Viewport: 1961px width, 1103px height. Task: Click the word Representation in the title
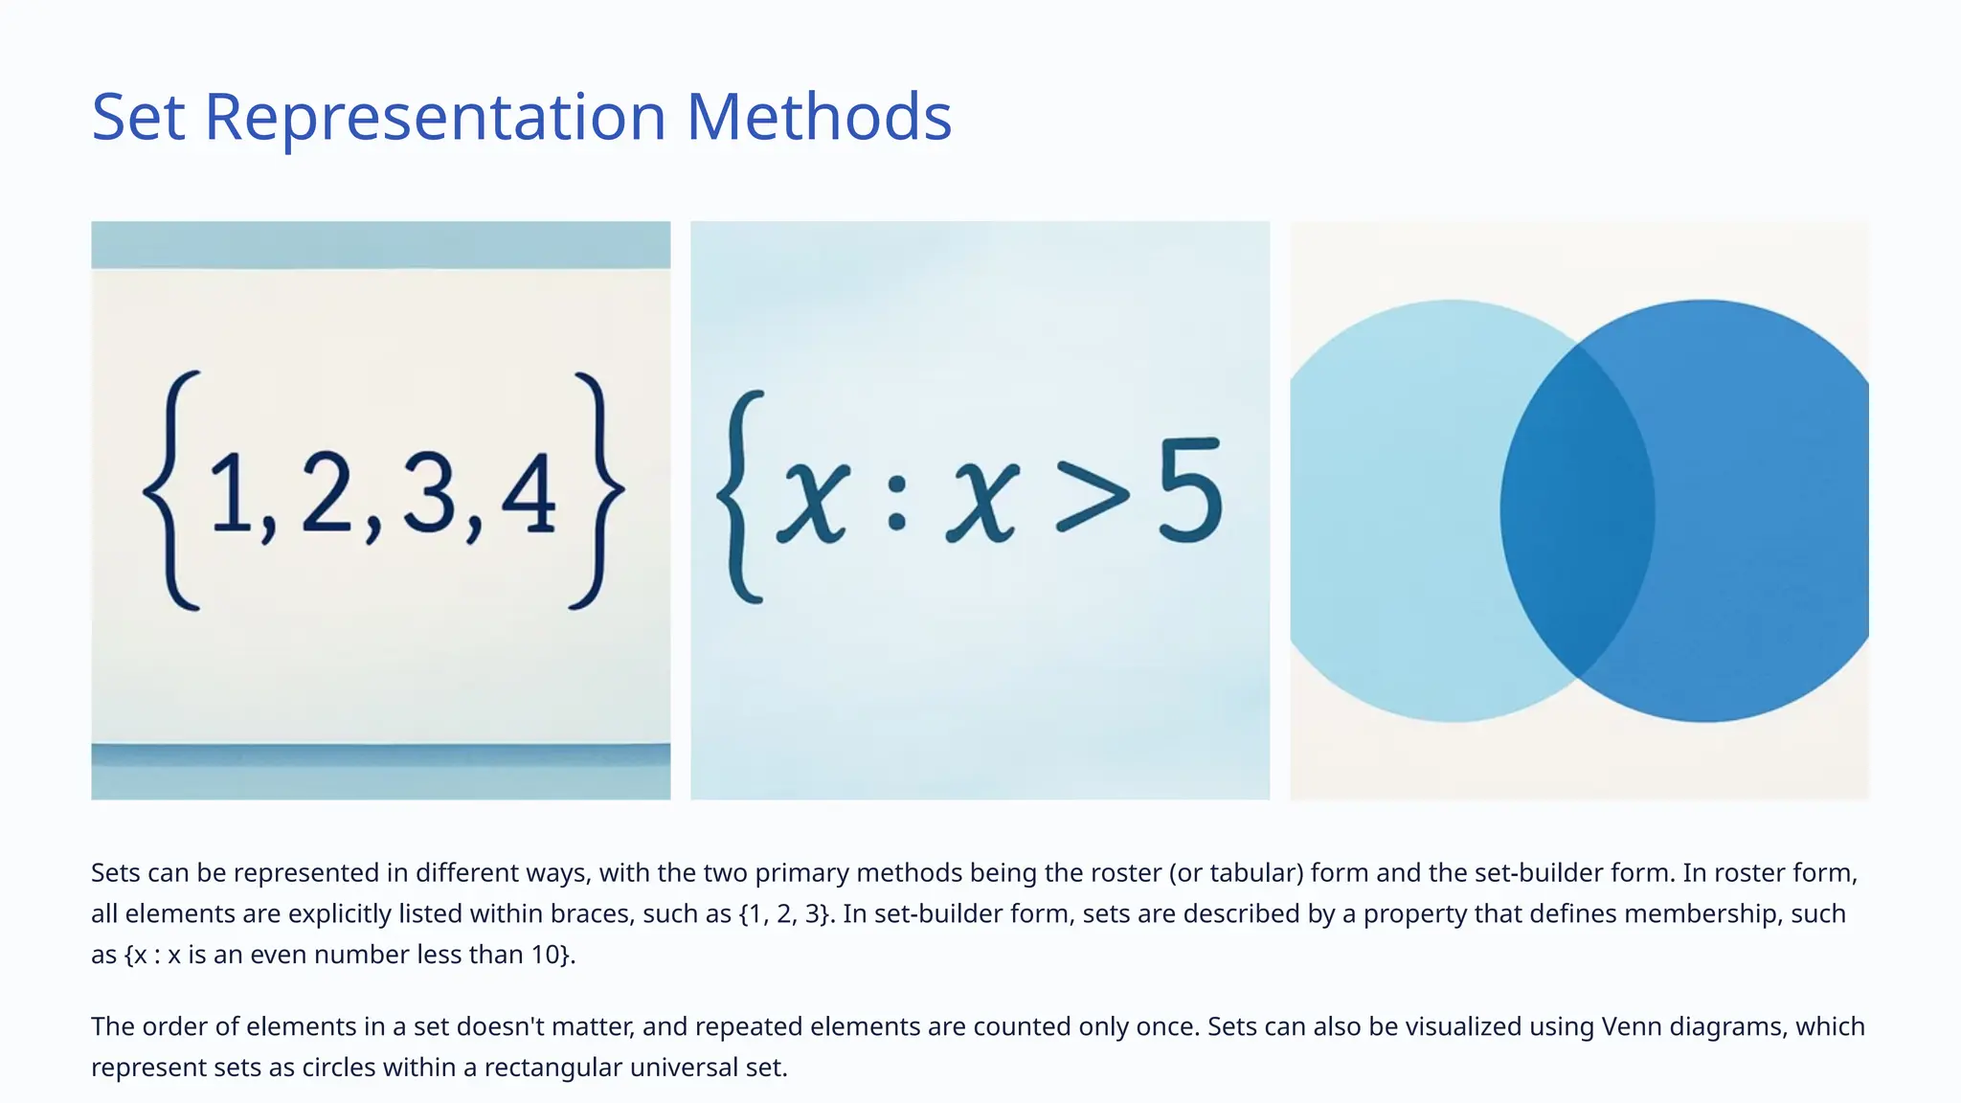click(x=435, y=117)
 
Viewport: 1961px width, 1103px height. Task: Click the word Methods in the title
click(x=819, y=117)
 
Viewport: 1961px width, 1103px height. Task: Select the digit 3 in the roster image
click(x=429, y=494)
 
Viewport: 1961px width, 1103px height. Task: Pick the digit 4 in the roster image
click(x=528, y=494)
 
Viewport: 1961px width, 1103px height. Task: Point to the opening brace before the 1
click(x=172, y=490)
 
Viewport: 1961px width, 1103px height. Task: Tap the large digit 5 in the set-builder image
click(x=1190, y=490)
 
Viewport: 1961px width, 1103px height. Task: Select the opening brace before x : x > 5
click(x=739, y=496)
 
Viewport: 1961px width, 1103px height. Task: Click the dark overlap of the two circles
click(x=1577, y=510)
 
